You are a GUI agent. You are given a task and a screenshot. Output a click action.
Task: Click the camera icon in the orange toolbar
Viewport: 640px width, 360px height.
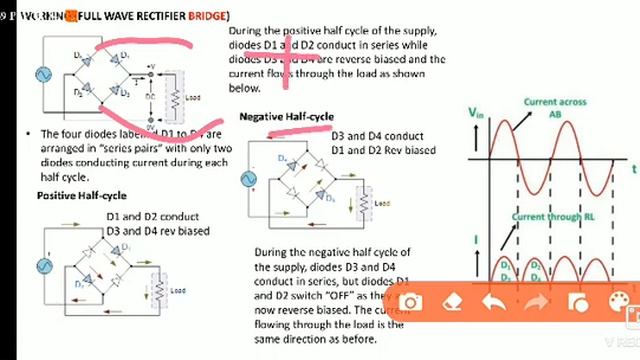tap(410, 303)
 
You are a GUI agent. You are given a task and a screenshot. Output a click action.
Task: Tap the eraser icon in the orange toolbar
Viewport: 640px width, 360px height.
tap(451, 303)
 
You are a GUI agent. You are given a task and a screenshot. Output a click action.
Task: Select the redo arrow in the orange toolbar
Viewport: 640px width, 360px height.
tap(536, 303)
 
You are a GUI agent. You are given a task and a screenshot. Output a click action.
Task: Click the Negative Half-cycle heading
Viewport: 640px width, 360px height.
tap(286, 117)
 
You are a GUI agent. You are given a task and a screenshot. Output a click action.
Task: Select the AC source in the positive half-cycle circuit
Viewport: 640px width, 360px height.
tap(44, 266)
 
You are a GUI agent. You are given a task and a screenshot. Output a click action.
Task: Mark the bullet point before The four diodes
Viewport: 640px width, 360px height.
tap(31, 133)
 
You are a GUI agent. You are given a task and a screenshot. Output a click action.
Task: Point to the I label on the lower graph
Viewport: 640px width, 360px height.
tap(477, 238)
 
